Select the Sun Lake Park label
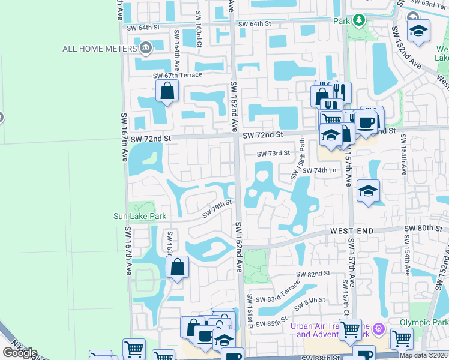click(139, 215)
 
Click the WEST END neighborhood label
click(352, 231)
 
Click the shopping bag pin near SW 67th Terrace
click(167, 92)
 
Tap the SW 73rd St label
click(273, 154)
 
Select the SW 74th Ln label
click(319, 170)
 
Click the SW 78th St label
click(217, 209)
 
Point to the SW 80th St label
click(423, 229)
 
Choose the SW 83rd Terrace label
click(277, 291)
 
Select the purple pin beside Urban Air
click(378, 329)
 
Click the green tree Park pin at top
click(358, 21)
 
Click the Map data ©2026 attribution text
click(423, 355)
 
